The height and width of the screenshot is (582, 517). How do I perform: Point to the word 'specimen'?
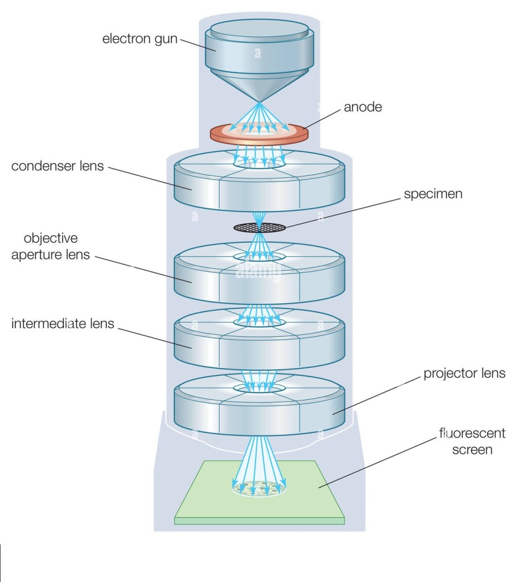click(x=433, y=193)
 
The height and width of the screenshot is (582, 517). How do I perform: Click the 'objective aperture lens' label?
click(x=51, y=246)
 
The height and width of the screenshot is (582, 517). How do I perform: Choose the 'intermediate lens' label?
click(x=63, y=324)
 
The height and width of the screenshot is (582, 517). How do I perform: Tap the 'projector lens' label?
click(x=464, y=373)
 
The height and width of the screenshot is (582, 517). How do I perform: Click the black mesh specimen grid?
click(x=260, y=228)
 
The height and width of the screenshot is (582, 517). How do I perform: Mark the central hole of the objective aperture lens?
click(x=259, y=257)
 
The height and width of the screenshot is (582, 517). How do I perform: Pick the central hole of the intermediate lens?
click(x=259, y=322)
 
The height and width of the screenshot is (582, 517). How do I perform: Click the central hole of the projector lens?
click(x=259, y=387)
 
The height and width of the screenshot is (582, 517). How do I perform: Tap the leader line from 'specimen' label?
click(x=342, y=212)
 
